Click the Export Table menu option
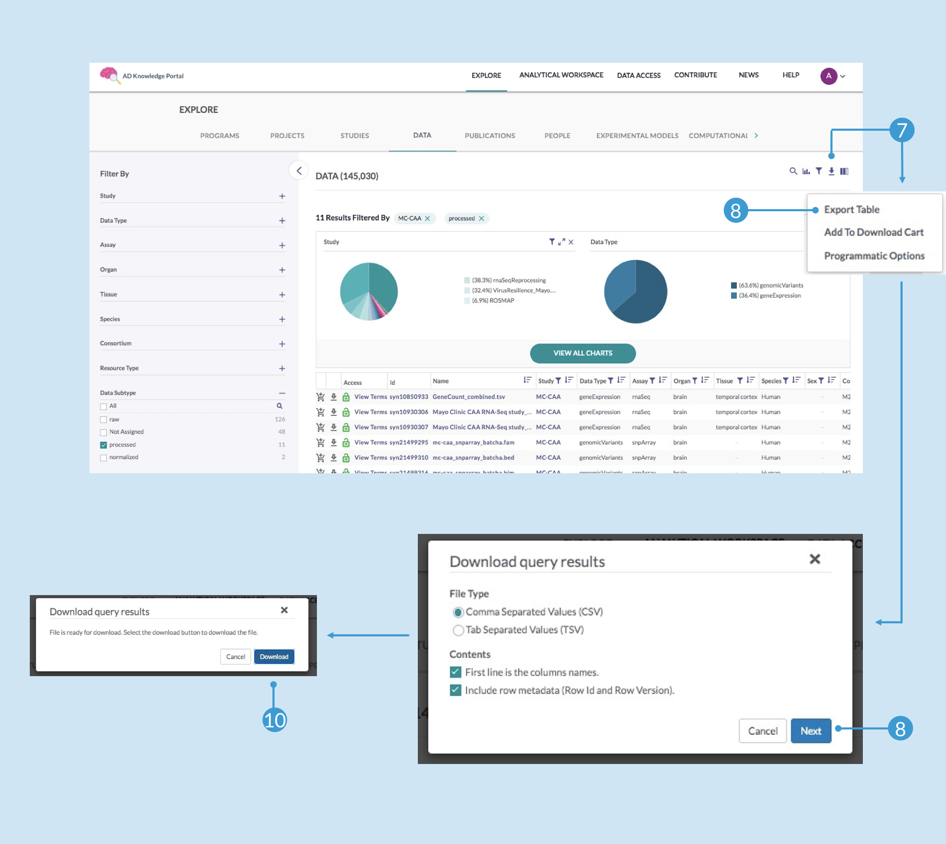(851, 210)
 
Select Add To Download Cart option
(873, 232)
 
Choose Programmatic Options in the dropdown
(874, 256)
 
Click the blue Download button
(274, 657)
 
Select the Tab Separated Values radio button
(458, 630)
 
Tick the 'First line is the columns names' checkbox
(455, 672)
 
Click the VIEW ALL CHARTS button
(583, 353)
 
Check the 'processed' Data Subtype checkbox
(104, 445)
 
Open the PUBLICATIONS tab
(489, 136)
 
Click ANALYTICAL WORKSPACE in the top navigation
(561, 75)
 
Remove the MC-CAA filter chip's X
(427, 219)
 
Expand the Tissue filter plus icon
(282, 295)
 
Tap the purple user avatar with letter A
(828, 76)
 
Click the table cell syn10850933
(408, 397)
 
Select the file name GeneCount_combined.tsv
(469, 397)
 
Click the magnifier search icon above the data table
(793, 171)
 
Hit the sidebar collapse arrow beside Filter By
(299, 170)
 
